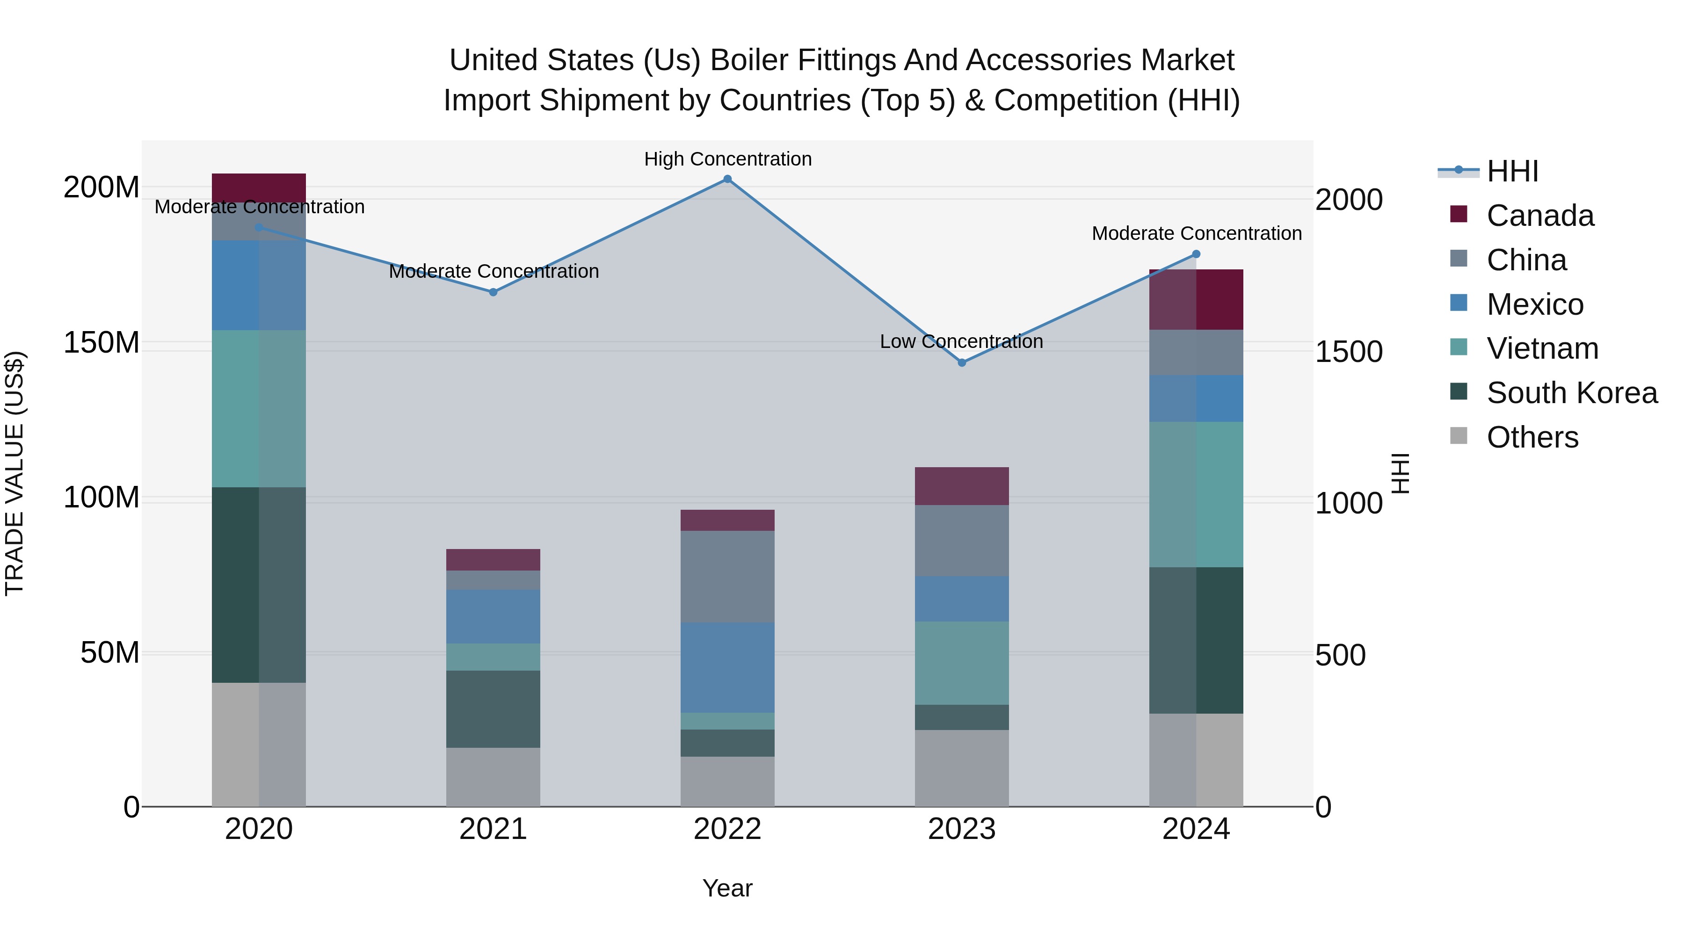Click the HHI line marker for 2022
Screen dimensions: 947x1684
pos(727,179)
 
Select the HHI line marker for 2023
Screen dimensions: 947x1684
pos(962,363)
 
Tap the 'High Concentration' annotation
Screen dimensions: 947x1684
pos(727,159)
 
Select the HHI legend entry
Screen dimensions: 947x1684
pos(1512,171)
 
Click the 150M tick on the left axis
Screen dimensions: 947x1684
pos(102,342)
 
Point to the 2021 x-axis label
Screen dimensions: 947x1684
pos(493,829)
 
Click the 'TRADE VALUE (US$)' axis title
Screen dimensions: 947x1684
pos(15,473)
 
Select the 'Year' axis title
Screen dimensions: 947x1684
pos(727,888)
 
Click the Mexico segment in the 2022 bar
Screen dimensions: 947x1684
pos(727,667)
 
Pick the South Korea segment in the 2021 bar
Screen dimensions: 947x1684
pos(493,708)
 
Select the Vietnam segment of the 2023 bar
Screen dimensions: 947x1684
pos(962,663)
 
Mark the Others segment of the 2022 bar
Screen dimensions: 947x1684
pos(727,781)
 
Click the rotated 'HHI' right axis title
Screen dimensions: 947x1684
pos(1399,473)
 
